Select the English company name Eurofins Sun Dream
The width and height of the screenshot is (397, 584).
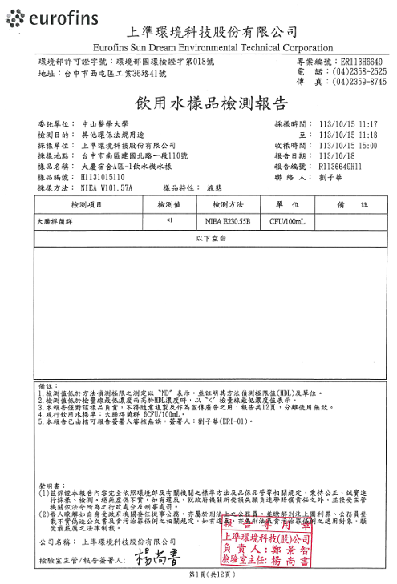pyautogui.click(x=212, y=48)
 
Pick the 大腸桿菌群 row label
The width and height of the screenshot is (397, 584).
pyautogui.click(x=55, y=220)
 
